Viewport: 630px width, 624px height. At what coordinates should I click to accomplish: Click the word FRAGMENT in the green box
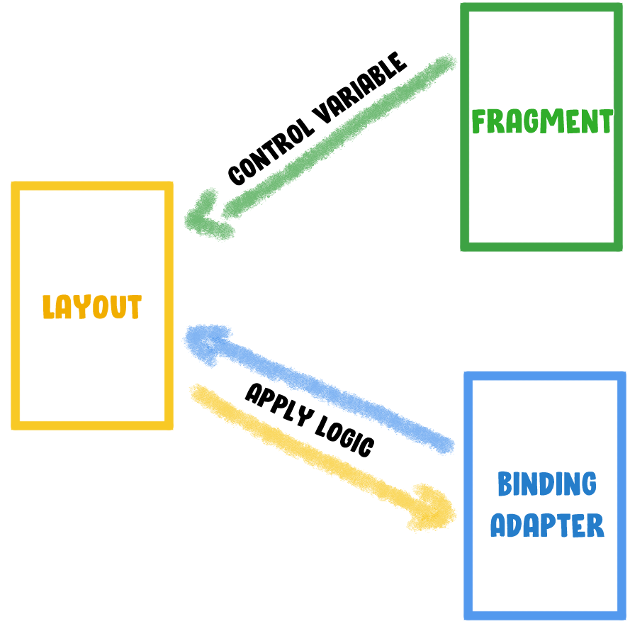pos(542,122)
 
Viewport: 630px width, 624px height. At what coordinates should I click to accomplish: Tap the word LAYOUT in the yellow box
pos(92,307)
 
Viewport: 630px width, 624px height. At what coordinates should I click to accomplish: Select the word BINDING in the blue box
pos(546,485)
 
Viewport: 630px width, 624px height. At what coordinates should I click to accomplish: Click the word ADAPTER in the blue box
pos(547,526)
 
